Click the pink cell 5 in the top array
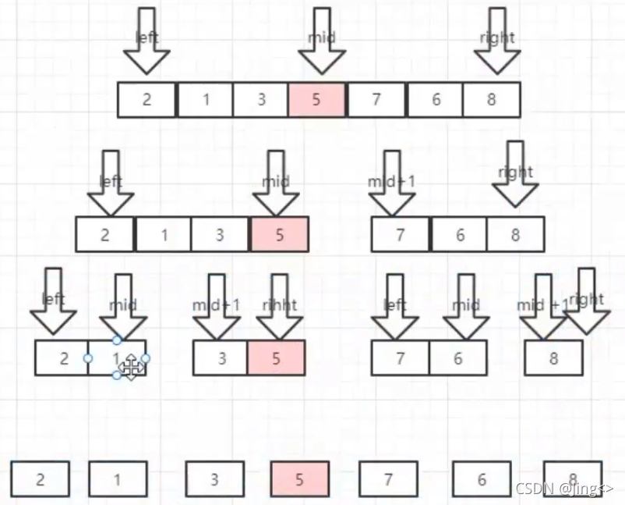pyautogui.click(x=316, y=100)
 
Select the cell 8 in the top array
pyautogui.click(x=491, y=100)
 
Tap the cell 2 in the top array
pyautogui.click(x=147, y=100)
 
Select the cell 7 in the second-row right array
pyautogui.click(x=401, y=234)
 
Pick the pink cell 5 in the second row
pyautogui.click(x=279, y=234)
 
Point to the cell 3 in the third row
pyautogui.click(x=221, y=358)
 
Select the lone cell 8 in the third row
pyautogui.click(x=553, y=358)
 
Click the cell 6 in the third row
pyautogui.click(x=458, y=358)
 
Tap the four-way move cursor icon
pyautogui.click(x=131, y=366)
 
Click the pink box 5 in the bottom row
pyautogui.click(x=300, y=478)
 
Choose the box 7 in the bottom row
pyautogui.click(x=388, y=478)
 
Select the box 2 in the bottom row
pyautogui.click(x=41, y=478)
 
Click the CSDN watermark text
pyautogui.click(x=564, y=489)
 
